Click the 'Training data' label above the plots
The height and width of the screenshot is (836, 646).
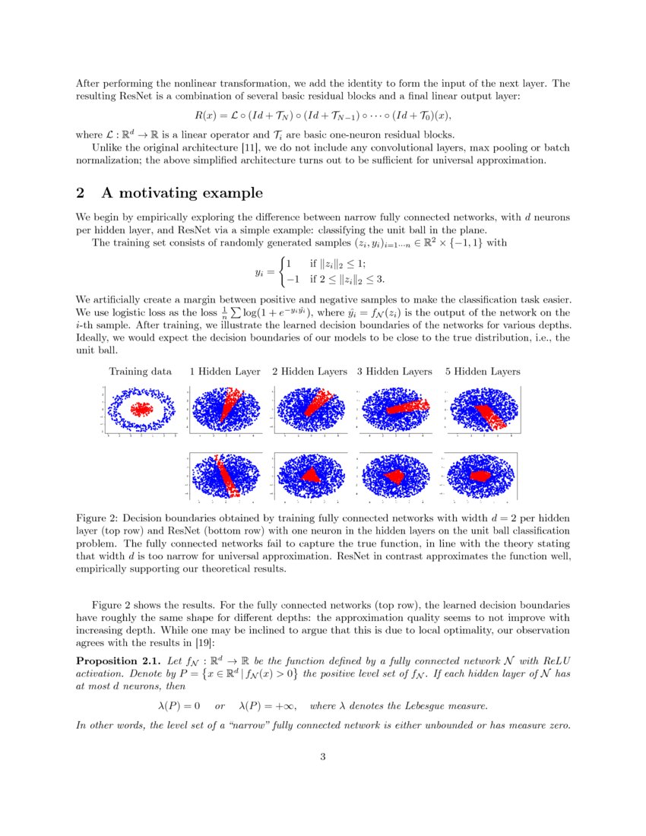pyautogui.click(x=141, y=372)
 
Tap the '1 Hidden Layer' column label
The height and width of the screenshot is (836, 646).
pyautogui.click(x=225, y=372)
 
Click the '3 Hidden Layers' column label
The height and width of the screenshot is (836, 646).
pyautogui.click(x=394, y=372)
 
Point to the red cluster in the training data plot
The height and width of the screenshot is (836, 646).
pyautogui.click(x=141, y=410)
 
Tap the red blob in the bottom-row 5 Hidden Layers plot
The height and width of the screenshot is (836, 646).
pyautogui.click(x=481, y=475)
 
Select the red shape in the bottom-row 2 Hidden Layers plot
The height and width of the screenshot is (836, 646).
pyautogui.click(x=311, y=475)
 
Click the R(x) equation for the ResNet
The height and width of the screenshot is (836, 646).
pyautogui.click(x=323, y=116)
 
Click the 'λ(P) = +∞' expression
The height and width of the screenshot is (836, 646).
pyautogui.click(x=266, y=706)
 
